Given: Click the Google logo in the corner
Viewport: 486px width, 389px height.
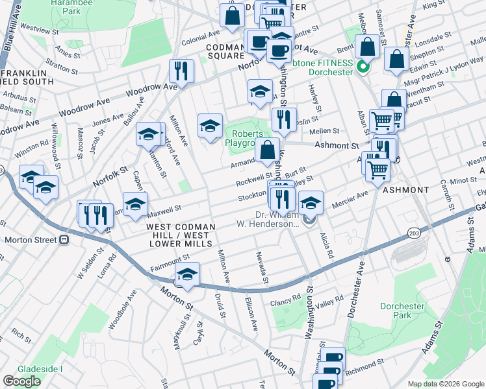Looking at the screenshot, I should [x=21, y=381].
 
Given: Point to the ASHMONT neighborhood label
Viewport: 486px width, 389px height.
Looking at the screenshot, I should [x=405, y=190].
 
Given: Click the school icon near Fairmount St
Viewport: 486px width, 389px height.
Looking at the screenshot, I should [x=187, y=274].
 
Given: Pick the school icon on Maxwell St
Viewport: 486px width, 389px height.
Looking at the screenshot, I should [x=134, y=204].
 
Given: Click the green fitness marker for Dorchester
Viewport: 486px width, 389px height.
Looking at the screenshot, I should [x=363, y=66].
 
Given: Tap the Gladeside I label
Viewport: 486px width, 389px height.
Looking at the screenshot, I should [x=40, y=369].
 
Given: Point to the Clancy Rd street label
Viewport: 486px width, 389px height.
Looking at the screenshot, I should [x=287, y=298].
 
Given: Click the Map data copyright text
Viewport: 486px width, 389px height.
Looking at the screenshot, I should [x=445, y=384].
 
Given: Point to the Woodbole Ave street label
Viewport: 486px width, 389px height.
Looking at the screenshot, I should [x=122, y=309].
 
